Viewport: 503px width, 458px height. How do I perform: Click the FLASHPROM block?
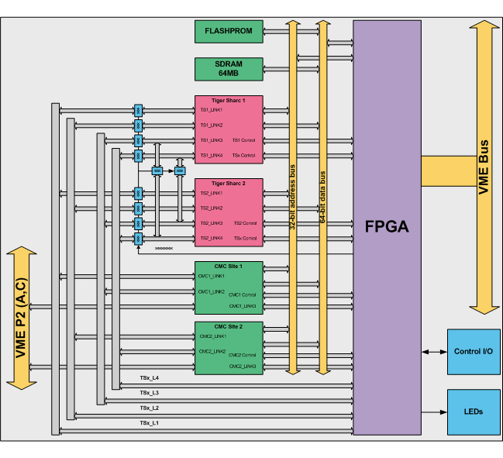pyautogui.click(x=229, y=32)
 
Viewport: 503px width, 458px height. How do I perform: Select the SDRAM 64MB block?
pyautogui.click(x=229, y=69)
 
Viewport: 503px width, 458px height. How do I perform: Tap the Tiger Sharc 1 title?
pyautogui.click(x=229, y=100)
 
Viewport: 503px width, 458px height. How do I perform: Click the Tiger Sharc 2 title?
pyautogui.click(x=229, y=183)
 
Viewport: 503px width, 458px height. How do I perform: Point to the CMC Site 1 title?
pyautogui.click(x=229, y=266)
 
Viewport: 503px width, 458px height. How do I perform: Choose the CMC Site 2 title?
pyautogui.click(x=229, y=327)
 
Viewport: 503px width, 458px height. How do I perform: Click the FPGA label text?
pyautogui.click(x=387, y=226)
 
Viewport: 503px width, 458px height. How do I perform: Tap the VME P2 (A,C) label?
pyautogui.click(x=20, y=317)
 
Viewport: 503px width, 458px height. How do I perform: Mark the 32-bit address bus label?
pyautogui.click(x=293, y=198)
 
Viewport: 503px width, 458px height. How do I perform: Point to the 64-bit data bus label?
pyautogui.click(x=322, y=198)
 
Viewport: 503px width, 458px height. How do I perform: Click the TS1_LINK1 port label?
pyautogui.click(x=212, y=110)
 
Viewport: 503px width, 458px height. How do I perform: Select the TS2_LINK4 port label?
pyautogui.click(x=212, y=238)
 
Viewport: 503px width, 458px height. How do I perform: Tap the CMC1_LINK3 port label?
pyautogui.click(x=242, y=305)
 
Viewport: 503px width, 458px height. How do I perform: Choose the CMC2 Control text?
pyautogui.click(x=242, y=355)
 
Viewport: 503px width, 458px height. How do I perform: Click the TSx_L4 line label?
pyautogui.click(x=149, y=378)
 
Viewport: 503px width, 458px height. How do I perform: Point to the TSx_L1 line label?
pyautogui.click(x=149, y=423)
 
